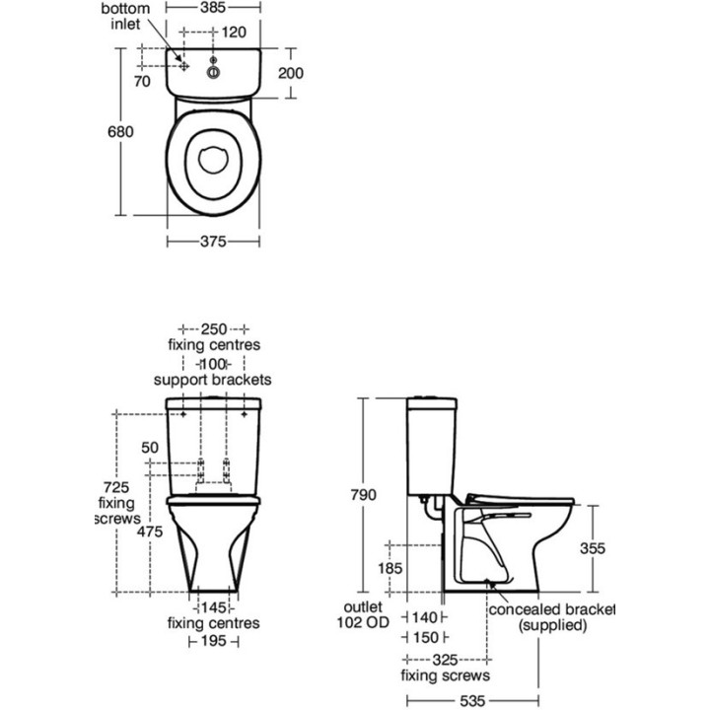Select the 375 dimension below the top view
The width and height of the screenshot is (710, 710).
tap(214, 241)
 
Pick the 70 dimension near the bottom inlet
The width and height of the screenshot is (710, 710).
tap(142, 82)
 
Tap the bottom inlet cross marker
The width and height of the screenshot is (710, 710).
tap(182, 61)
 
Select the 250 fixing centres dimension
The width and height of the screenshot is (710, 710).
tap(214, 328)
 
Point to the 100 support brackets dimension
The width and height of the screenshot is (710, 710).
tap(213, 363)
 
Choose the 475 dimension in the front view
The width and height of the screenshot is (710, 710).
tap(148, 532)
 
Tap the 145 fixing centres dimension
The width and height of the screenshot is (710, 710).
tap(214, 607)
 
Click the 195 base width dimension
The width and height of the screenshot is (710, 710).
tap(214, 641)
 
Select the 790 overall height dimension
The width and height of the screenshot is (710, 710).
tap(364, 495)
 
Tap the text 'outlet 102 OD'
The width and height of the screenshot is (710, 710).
tap(363, 615)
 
